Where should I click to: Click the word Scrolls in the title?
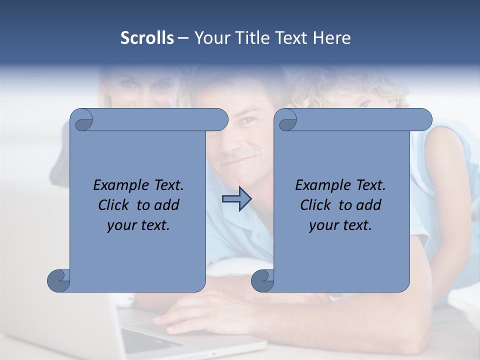point(147,38)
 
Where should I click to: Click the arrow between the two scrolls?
point(236,199)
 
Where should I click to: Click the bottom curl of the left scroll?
point(58,280)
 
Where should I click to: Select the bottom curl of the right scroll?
point(262,280)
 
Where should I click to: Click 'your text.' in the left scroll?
point(138,225)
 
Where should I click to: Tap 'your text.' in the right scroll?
point(340,225)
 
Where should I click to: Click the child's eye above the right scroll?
point(365,103)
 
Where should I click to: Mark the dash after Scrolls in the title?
point(183,38)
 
